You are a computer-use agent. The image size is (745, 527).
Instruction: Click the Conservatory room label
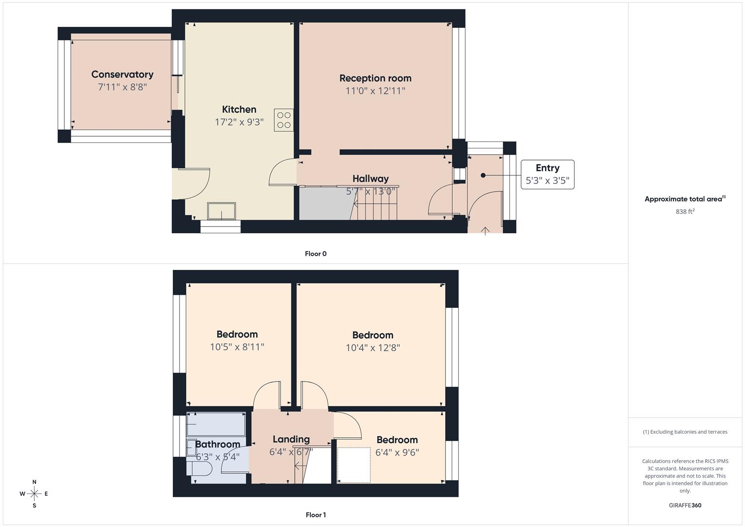pyautogui.click(x=122, y=75)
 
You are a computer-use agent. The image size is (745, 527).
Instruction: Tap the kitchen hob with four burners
pyautogui.click(x=283, y=120)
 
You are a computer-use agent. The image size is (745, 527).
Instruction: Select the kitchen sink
pyautogui.click(x=221, y=211)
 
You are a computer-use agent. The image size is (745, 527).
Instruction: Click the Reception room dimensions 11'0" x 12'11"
pyautogui.click(x=375, y=91)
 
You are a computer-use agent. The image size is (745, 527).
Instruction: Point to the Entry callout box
pyautogui.click(x=547, y=174)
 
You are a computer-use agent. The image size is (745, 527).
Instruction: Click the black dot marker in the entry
pyautogui.click(x=483, y=175)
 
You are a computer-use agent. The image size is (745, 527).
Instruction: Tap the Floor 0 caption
pyautogui.click(x=316, y=254)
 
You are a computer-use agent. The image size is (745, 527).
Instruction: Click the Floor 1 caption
pyautogui.click(x=316, y=515)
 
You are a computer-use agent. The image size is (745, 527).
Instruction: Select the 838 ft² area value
pyautogui.click(x=685, y=212)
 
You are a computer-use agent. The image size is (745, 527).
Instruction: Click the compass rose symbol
pyautogui.click(x=34, y=494)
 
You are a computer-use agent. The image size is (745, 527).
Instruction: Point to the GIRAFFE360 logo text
pyautogui.click(x=685, y=506)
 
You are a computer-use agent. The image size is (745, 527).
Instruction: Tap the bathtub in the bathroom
pyautogui.click(x=216, y=425)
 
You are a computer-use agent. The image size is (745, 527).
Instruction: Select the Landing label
pyautogui.click(x=291, y=439)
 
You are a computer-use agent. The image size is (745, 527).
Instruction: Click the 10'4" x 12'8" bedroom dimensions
pyautogui.click(x=373, y=348)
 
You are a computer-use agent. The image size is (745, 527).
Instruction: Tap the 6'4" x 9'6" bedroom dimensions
pyautogui.click(x=397, y=452)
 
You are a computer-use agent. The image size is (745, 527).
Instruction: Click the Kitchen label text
pyautogui.click(x=239, y=109)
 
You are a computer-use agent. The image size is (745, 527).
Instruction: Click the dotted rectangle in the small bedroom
pyautogui.click(x=354, y=465)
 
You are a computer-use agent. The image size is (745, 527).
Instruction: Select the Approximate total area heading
pyautogui.click(x=685, y=199)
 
